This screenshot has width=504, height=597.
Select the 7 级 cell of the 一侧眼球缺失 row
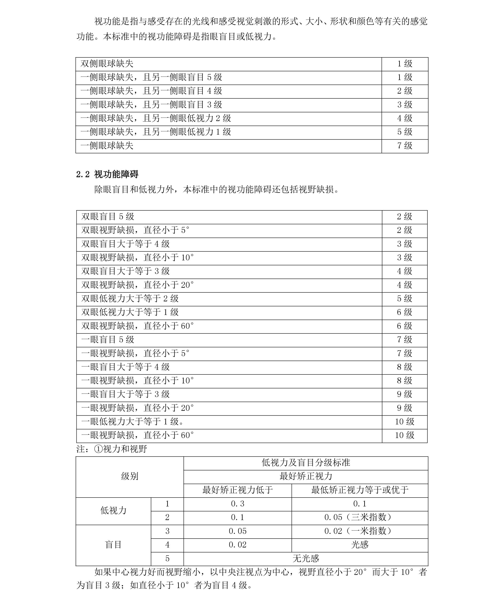pos(405,146)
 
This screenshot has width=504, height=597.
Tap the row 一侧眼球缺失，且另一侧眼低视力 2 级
pos(156,118)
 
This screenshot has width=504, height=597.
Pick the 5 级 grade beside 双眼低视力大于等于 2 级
pos(404,298)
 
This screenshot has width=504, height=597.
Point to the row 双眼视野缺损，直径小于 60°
pos(138,326)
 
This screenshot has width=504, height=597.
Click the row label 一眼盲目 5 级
pos(108,340)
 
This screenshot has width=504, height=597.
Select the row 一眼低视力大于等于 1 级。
pos(133,422)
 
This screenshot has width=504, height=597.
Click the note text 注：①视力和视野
pos(112,449)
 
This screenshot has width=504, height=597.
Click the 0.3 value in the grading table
pos(237,504)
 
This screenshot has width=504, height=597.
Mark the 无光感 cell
pos(306,558)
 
